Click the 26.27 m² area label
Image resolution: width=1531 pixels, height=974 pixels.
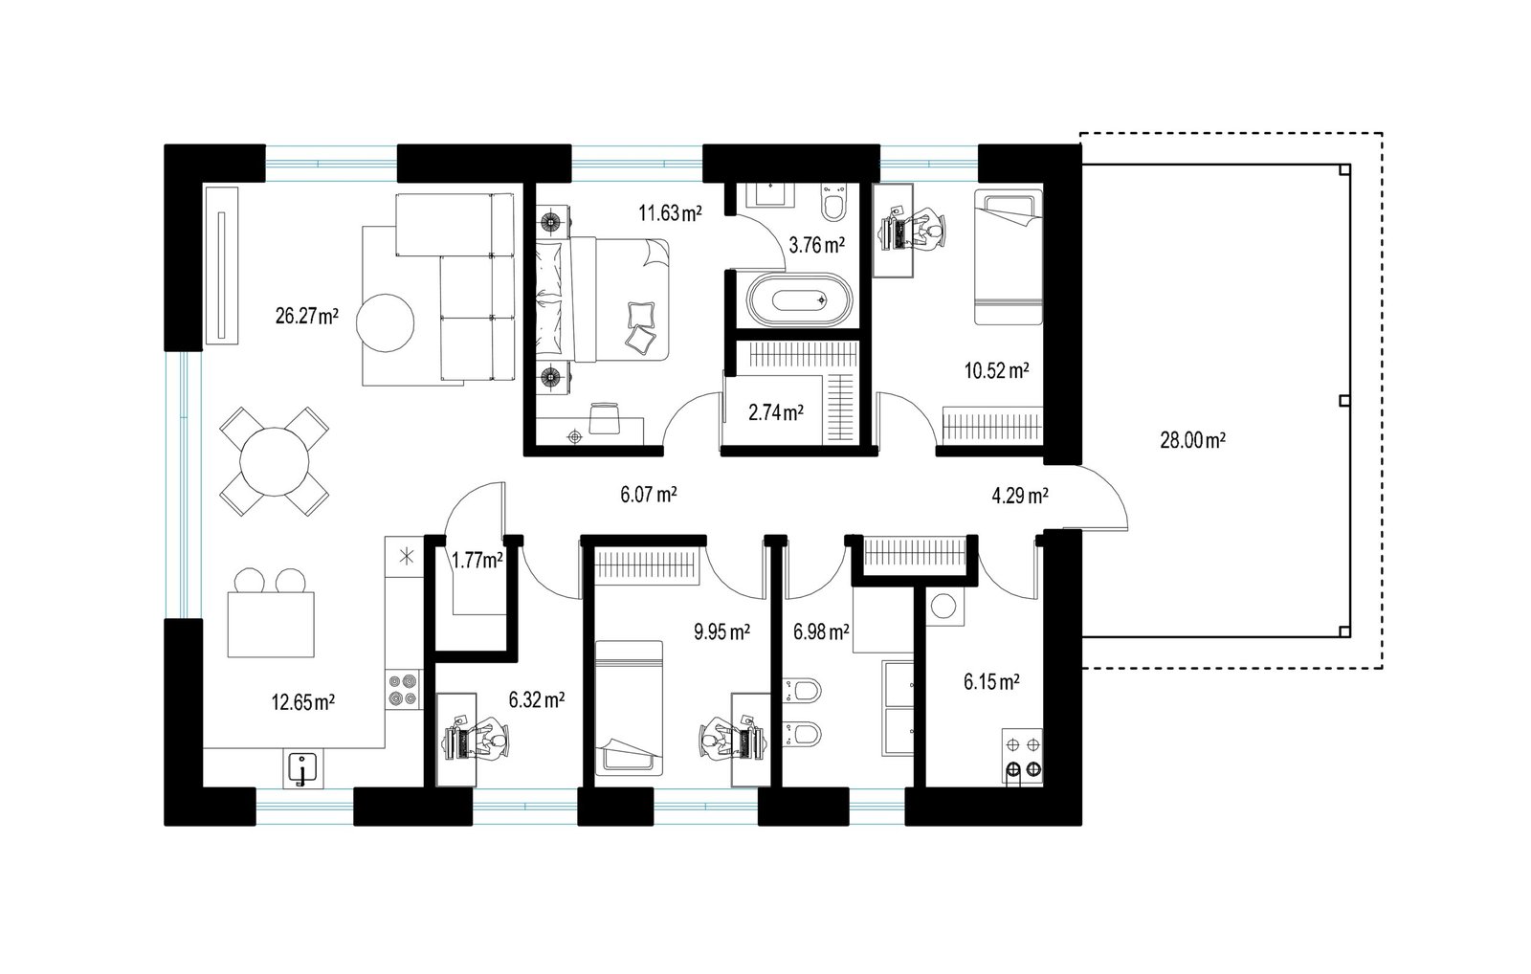(307, 316)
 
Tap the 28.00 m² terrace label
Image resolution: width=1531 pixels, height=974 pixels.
(1192, 440)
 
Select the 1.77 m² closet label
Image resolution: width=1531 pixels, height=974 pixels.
(477, 561)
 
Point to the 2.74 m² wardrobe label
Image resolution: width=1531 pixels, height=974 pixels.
(776, 412)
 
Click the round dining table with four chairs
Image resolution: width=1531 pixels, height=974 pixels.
(274, 461)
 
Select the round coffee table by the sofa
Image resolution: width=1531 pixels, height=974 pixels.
(385, 322)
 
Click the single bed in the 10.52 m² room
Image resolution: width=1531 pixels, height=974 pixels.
(1009, 257)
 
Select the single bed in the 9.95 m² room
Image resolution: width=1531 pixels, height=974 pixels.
(629, 708)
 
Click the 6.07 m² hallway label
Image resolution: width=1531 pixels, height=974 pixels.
(649, 495)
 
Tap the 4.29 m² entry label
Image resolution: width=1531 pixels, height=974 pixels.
(1020, 496)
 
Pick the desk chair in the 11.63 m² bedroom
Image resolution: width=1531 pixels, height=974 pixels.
(604, 417)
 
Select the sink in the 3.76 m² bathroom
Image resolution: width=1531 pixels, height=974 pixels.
(771, 195)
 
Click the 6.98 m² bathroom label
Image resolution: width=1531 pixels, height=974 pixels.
(821, 632)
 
